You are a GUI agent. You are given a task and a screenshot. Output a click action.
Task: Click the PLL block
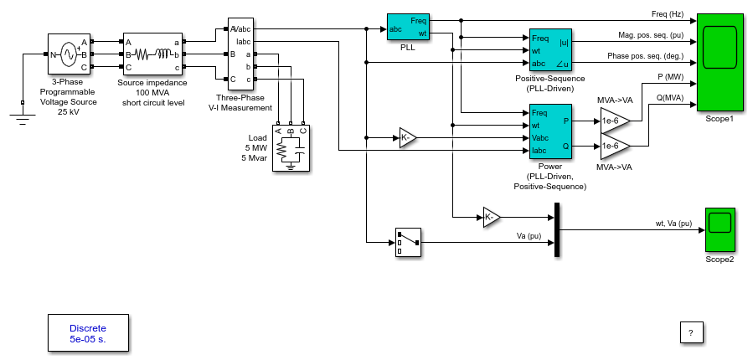tap(408, 28)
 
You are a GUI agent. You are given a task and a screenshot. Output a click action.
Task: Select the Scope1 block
tap(719, 63)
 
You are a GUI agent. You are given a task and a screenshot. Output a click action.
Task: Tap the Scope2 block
tap(719, 229)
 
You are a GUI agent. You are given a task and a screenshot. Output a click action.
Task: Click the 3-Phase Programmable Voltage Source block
tap(69, 54)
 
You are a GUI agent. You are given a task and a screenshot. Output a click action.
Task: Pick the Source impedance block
tap(152, 54)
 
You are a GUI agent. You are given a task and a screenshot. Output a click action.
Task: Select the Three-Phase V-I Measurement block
tap(240, 54)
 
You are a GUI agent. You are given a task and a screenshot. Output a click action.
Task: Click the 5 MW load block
tap(291, 148)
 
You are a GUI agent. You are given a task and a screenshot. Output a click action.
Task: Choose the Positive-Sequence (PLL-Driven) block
tap(551, 49)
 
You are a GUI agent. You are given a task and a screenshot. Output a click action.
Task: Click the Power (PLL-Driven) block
tap(551, 131)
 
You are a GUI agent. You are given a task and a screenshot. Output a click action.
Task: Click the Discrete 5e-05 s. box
tap(88, 333)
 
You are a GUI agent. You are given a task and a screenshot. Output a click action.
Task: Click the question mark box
tap(692, 332)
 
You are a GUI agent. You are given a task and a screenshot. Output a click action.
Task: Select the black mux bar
tap(557, 229)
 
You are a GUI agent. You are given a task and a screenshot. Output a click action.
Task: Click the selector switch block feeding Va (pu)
tap(408, 243)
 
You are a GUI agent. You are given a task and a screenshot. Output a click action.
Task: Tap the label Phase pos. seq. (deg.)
tap(646, 56)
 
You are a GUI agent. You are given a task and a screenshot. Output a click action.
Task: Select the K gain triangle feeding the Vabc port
tap(406, 138)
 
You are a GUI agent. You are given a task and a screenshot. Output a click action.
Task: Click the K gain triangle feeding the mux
tap(490, 218)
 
